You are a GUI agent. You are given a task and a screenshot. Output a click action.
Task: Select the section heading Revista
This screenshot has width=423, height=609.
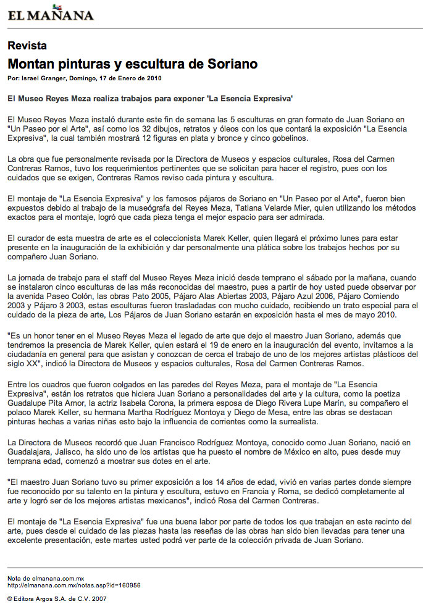click(27, 46)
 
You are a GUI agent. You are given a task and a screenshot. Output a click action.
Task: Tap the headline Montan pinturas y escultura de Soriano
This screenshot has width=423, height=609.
click(132, 64)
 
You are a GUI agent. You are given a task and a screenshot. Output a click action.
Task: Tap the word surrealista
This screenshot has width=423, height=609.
click(297, 422)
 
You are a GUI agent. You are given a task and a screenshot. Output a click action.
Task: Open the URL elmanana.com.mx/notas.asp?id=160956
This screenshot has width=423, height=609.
click(74, 585)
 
